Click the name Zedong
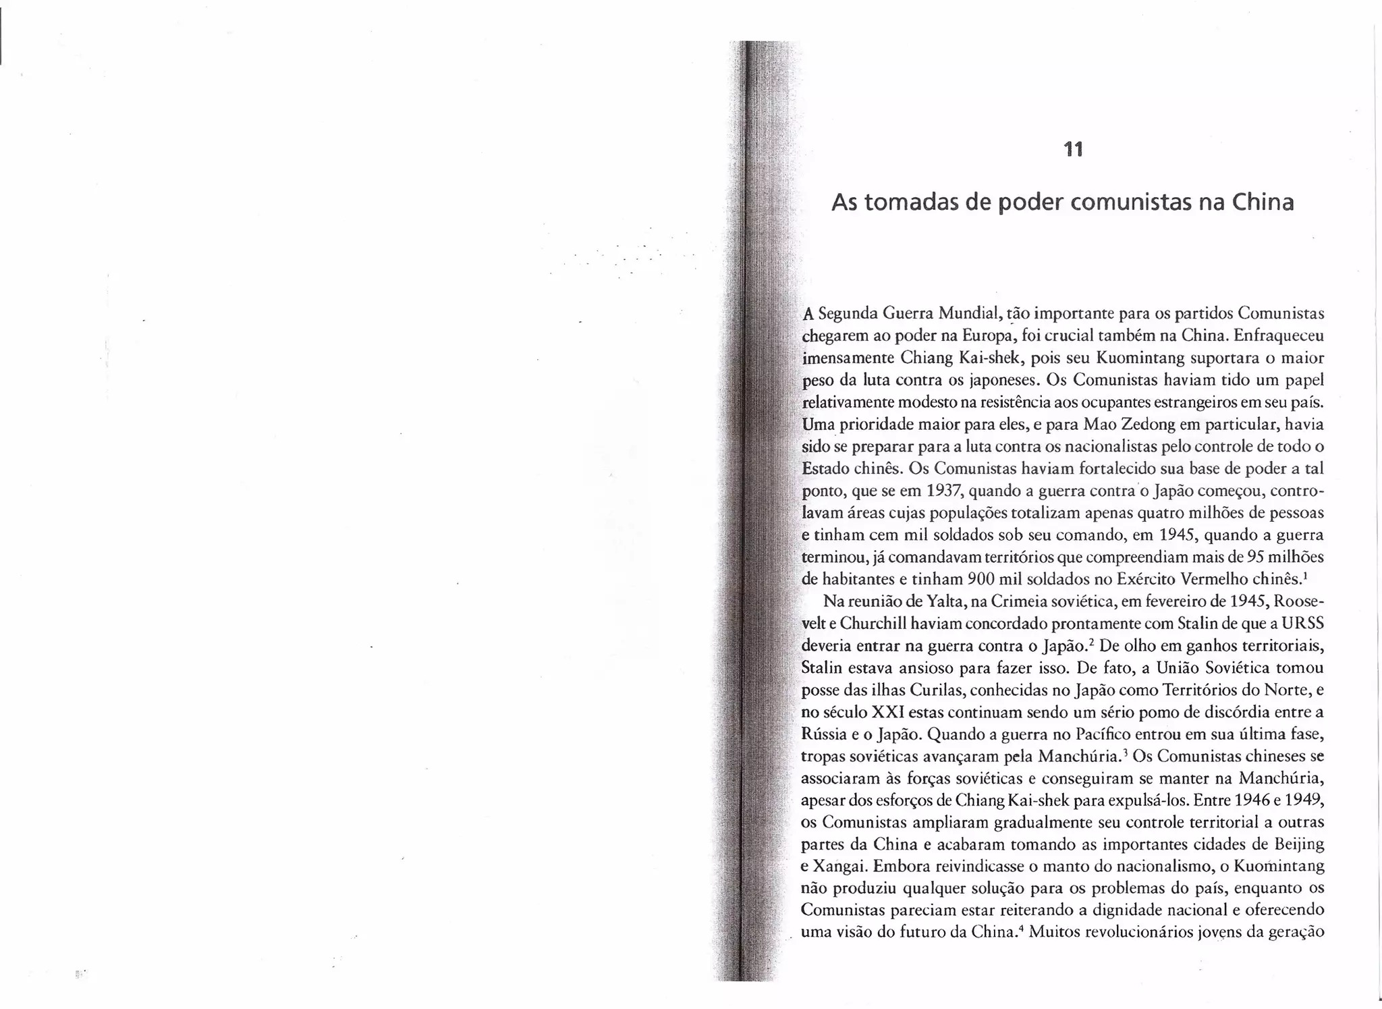pos(1068,425)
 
